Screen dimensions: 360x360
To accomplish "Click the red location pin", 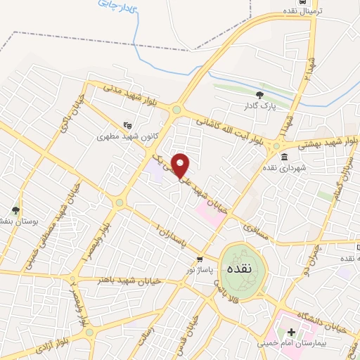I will pyautogui.click(x=181, y=165).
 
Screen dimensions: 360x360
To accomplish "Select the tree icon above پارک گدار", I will pyautogui.click(x=259, y=94).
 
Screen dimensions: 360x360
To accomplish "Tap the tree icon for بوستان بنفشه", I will pyautogui.click(x=16, y=210).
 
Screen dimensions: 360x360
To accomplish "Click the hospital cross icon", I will pyautogui.click(x=291, y=330).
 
